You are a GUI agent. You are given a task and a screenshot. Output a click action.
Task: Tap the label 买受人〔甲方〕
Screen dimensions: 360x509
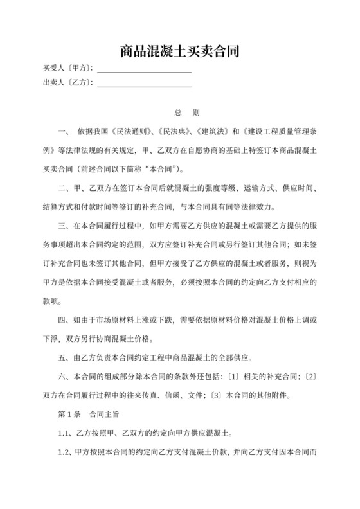[67, 68]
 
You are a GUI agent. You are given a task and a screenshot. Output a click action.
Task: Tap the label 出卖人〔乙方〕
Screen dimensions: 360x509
[67, 83]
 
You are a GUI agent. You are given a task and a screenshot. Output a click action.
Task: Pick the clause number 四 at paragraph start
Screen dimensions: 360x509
[62, 320]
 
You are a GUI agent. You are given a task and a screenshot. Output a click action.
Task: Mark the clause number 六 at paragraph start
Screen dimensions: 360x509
[62, 377]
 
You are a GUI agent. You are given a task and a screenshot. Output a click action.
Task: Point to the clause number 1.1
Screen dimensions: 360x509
[65, 433]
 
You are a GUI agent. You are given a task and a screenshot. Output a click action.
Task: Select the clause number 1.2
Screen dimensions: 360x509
[65, 452]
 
